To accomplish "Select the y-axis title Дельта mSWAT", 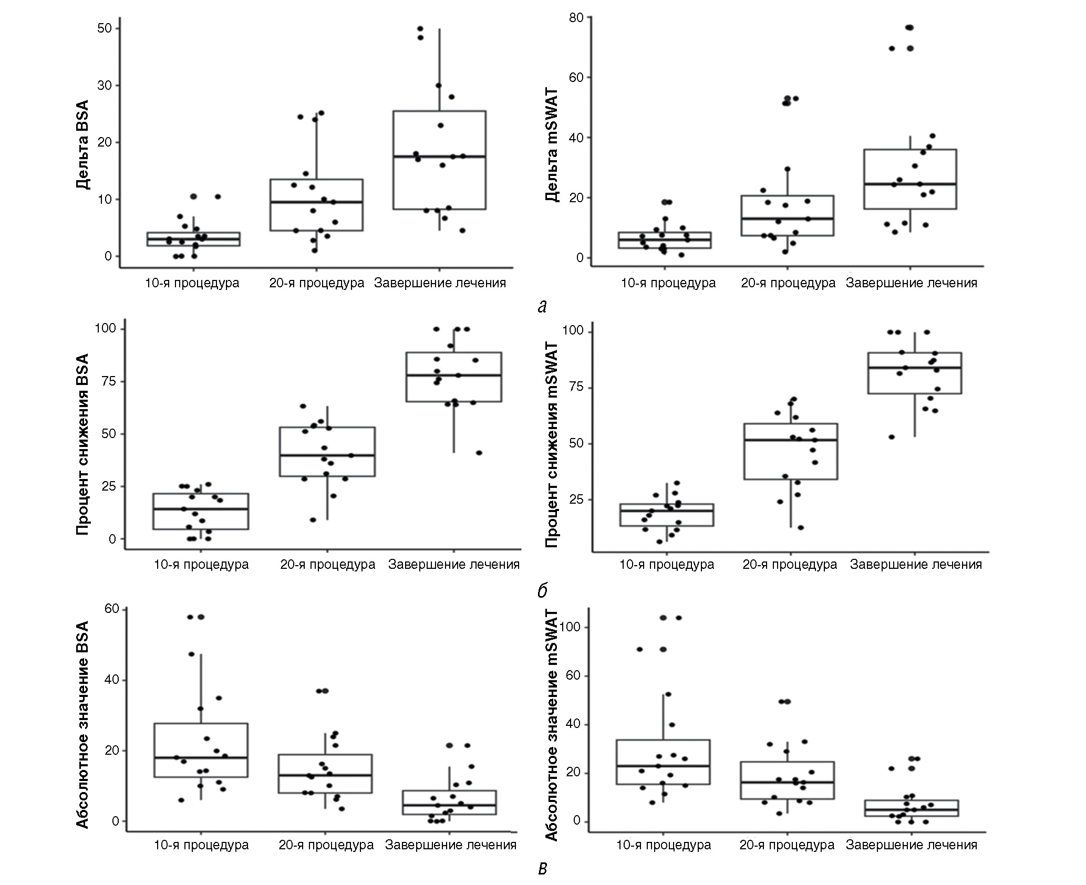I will [x=551, y=144].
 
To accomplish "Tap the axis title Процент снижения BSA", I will [x=82, y=444].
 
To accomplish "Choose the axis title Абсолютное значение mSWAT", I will [x=551, y=725].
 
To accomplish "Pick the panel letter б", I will [x=542, y=591].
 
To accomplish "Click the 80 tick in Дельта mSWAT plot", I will [x=576, y=17].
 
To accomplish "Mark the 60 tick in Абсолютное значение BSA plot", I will [x=112, y=609].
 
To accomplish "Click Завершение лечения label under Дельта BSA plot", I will [x=440, y=284].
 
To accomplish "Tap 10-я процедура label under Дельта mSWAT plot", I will [x=668, y=284].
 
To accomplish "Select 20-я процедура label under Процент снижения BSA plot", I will [x=327, y=565].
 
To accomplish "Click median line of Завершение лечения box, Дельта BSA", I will [x=440, y=157].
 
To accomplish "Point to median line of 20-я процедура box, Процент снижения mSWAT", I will [x=790, y=440].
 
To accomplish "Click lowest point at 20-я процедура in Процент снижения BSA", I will [x=313, y=520].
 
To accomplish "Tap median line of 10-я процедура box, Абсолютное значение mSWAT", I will [x=663, y=766].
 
